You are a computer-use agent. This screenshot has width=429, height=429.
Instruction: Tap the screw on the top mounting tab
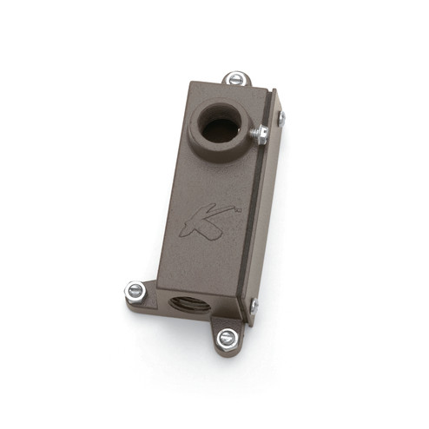click(x=235, y=79)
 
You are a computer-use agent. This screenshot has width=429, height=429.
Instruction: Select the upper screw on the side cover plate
click(x=280, y=118)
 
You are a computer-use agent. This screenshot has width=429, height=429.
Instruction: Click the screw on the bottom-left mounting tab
click(x=135, y=291)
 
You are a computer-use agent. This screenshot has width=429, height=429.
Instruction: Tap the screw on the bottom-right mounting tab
click(x=228, y=338)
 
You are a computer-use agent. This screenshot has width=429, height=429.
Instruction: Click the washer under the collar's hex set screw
click(x=254, y=135)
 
